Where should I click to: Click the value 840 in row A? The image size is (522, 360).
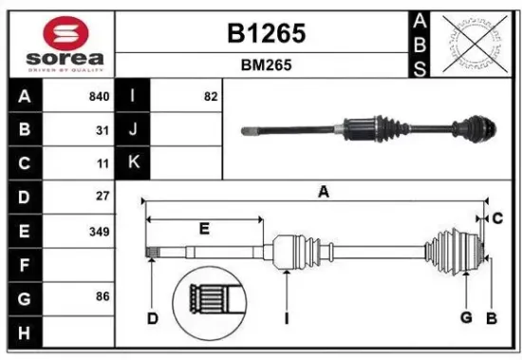98,96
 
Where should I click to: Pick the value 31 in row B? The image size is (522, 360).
103,130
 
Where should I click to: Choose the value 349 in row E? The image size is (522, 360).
99,231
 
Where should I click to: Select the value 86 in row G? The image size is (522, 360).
103,297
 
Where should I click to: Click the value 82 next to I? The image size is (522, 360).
211,96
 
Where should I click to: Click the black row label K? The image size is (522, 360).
133,163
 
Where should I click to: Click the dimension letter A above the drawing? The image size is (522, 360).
323,192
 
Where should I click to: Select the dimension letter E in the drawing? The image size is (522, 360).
204,228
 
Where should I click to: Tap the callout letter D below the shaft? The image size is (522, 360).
152,318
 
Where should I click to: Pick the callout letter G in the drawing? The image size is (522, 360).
466,316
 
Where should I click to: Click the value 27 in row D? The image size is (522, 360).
103,197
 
